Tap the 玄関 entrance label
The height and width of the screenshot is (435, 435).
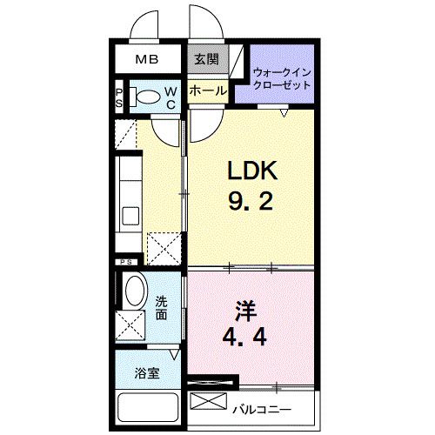tap(206, 60)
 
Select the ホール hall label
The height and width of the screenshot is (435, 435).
tap(207, 90)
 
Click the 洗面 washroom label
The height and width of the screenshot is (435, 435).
tap(162, 308)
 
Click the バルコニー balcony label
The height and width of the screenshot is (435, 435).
tap(261, 408)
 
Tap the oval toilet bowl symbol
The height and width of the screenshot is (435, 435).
tap(149, 97)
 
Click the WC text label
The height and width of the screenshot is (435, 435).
tap(171, 97)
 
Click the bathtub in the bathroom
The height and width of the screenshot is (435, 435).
tap(147, 411)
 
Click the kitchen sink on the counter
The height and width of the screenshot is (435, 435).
tap(131, 215)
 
